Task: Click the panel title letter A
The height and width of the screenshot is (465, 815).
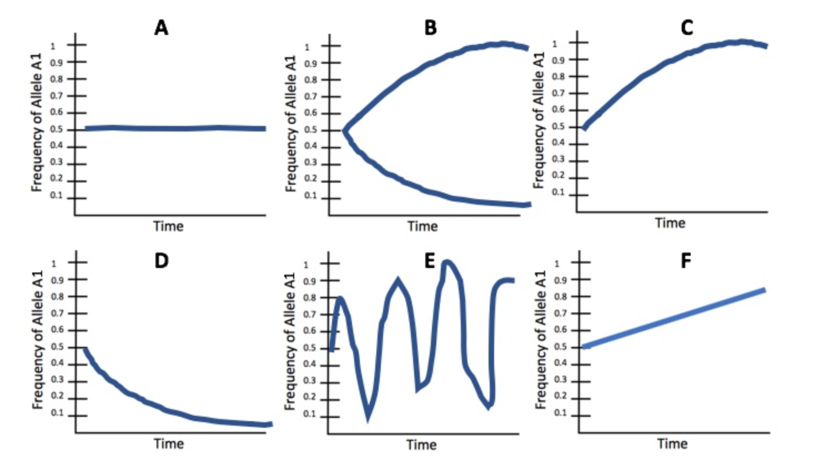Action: pos(161,27)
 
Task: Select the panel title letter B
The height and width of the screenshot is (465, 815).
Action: pos(430,27)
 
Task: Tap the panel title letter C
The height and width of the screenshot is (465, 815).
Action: pos(687,27)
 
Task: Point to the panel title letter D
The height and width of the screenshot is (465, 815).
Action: pos(161,260)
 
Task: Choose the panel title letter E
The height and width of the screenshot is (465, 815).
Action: pos(429,260)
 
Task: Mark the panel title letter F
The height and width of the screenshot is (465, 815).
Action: pos(686,260)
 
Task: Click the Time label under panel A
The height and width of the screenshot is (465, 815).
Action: pos(168,226)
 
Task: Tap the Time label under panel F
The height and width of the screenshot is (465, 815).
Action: pos(672,444)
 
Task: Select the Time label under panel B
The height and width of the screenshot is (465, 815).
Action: pos(422,226)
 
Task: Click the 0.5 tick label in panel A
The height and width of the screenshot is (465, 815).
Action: pos(57,130)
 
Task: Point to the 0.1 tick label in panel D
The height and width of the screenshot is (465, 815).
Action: pos(58,413)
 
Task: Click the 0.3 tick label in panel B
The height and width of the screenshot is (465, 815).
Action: pos(310,163)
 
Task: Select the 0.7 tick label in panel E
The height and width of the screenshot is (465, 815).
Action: pos(310,315)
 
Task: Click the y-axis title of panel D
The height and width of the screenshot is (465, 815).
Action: pos(38,340)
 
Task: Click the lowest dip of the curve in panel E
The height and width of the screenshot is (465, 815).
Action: pos(368,418)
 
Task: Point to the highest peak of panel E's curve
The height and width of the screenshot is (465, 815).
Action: pos(447,262)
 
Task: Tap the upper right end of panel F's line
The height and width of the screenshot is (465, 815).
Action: pos(764,290)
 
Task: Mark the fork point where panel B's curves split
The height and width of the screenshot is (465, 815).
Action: pos(344,131)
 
